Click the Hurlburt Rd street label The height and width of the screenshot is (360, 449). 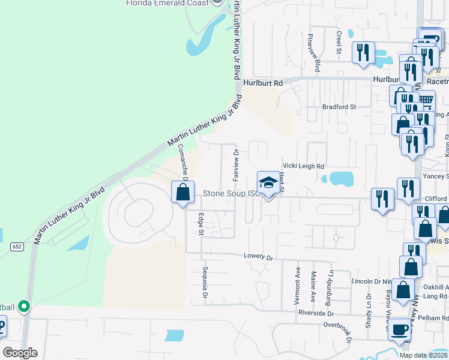click(262, 84)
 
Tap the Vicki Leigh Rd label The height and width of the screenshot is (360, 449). click(303, 166)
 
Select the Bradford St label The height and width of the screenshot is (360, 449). click(339, 107)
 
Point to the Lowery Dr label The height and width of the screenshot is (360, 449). click(258, 257)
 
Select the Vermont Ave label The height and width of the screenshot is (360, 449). click(297, 290)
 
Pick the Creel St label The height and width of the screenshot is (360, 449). click(339, 43)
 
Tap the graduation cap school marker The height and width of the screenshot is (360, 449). click(268, 183)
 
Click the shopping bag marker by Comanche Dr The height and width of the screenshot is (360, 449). click(183, 193)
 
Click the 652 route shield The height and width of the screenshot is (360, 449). click(17, 246)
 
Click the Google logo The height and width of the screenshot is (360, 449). click(20, 353)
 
